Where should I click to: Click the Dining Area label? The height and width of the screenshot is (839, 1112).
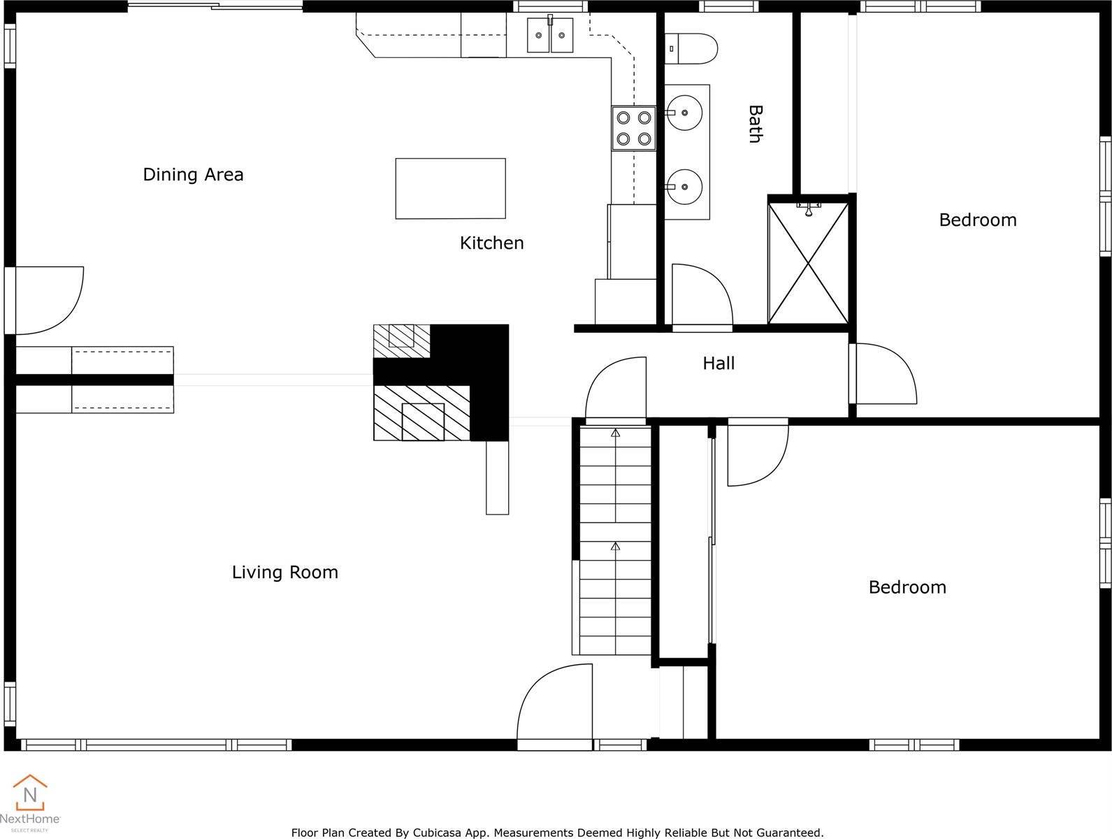(x=193, y=175)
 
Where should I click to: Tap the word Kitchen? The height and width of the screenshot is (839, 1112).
(x=491, y=243)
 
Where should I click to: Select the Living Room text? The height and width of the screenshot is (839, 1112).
(x=284, y=573)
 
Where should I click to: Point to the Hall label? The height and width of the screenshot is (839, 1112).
(x=719, y=364)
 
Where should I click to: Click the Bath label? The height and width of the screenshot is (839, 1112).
(x=756, y=124)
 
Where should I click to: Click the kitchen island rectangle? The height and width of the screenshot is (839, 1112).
(x=450, y=189)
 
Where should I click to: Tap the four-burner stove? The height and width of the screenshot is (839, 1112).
(x=634, y=128)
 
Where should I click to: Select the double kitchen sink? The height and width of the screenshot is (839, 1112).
(x=549, y=35)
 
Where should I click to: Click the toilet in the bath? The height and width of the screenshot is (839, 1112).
(x=691, y=49)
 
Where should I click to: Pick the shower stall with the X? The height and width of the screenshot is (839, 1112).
(x=808, y=262)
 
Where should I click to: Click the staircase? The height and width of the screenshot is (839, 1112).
(x=615, y=540)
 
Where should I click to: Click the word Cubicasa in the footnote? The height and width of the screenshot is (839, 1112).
(x=434, y=833)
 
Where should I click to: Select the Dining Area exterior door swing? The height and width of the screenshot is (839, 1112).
(x=49, y=301)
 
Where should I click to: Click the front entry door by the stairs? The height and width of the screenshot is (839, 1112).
(x=555, y=703)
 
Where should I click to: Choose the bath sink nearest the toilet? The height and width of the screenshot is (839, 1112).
(x=684, y=113)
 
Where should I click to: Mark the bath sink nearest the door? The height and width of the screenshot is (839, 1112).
(x=684, y=187)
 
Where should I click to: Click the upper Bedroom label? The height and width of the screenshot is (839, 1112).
(x=978, y=220)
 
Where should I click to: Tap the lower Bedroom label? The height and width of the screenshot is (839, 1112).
(x=907, y=587)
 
